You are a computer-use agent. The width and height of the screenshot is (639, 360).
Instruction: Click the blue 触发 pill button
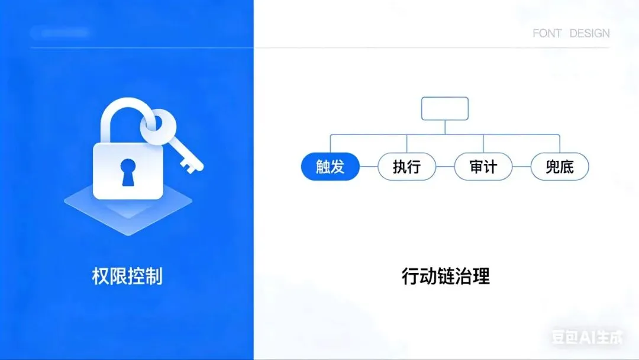coord(330,167)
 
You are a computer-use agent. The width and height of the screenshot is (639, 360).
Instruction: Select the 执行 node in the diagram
coord(406,167)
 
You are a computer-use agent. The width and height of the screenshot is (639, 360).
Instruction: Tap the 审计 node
coord(483,167)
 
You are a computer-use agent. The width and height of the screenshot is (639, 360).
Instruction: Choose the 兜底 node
coord(560,167)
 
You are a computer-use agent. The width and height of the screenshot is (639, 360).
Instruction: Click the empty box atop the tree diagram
coord(445,108)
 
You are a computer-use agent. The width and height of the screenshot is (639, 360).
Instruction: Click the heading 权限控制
coord(127,277)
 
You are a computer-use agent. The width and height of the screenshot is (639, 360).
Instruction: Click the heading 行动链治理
coord(446,277)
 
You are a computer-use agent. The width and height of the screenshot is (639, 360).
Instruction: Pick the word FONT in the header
coord(547,33)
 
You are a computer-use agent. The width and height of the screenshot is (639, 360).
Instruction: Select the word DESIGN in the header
coord(589,33)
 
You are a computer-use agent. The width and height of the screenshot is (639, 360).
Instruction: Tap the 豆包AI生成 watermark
coord(587,337)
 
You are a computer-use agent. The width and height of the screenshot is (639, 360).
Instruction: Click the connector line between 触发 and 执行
coord(369,167)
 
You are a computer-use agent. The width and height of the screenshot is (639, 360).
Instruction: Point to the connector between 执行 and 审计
coord(445,167)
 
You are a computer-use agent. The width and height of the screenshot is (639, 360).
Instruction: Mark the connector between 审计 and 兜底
coord(521,167)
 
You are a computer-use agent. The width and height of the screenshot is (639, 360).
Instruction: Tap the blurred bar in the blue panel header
coord(59,33)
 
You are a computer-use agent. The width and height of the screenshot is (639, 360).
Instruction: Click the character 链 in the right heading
coord(446,277)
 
